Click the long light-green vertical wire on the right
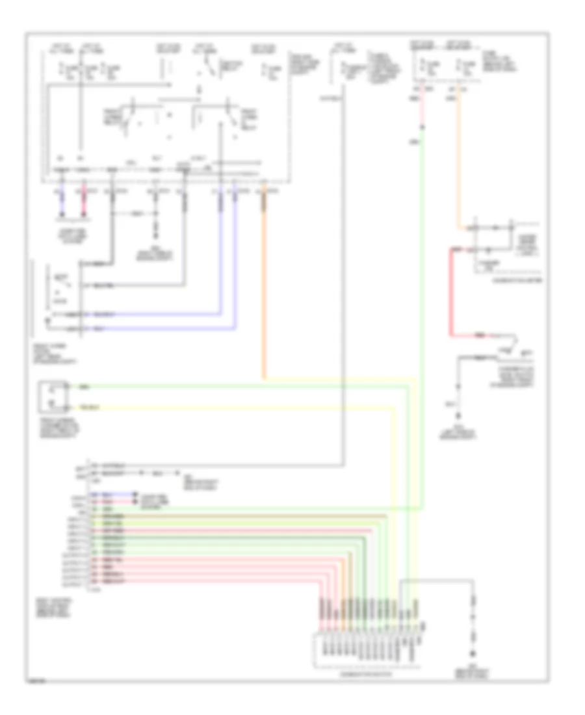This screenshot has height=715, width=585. click(x=421, y=325)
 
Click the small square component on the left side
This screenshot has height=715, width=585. click(x=54, y=397)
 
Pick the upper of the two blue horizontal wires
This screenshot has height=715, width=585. click(x=149, y=314)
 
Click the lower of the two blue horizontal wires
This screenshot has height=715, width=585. click(x=149, y=328)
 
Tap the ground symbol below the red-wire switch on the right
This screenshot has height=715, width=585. click(x=460, y=416)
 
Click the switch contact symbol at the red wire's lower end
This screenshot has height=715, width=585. click(x=510, y=339)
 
